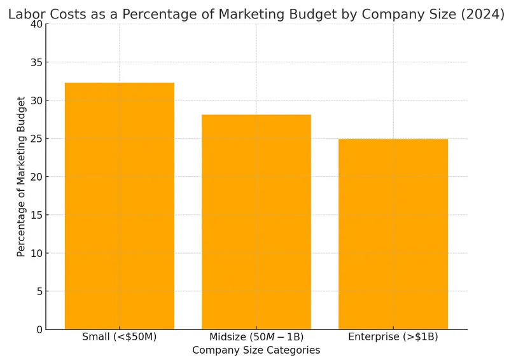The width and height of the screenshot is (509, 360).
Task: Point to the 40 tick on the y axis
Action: [36, 24]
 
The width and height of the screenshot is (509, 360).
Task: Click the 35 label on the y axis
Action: [36, 62]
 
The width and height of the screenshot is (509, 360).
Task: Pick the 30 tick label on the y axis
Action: [36, 100]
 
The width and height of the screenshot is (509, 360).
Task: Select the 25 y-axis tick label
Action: [36, 139]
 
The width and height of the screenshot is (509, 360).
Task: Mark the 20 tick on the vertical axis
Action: [36, 177]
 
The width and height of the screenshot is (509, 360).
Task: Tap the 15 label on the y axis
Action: [36, 215]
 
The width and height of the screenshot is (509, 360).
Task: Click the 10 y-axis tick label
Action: [36, 253]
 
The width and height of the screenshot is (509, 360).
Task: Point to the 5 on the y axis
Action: [39, 291]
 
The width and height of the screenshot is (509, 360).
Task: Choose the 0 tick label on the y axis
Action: [39, 329]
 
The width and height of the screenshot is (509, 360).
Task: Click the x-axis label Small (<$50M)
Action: [120, 337]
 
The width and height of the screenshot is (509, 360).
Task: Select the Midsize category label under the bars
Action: [256, 337]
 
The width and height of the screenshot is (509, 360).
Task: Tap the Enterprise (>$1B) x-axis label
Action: [393, 337]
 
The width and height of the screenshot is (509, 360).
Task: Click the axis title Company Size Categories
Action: [256, 350]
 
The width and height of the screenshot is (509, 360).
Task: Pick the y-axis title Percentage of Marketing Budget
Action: [21, 177]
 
